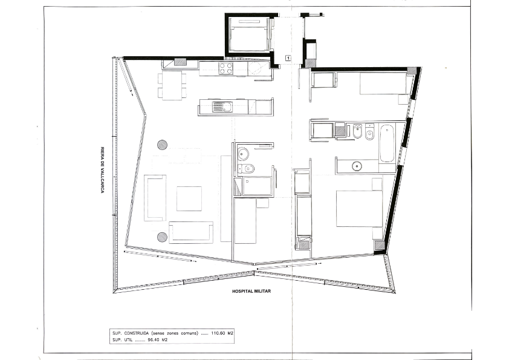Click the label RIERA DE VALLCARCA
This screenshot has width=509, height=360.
coord(102,170)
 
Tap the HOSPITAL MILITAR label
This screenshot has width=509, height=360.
coord(251,291)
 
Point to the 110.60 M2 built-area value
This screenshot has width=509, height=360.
coord(222,333)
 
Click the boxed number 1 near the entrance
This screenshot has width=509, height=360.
coord(288,58)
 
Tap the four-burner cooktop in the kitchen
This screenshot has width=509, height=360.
coord(226,68)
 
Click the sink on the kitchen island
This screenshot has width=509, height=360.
coord(222,106)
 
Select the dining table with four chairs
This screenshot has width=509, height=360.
coord(172,85)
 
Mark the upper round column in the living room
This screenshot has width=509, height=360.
coord(162,145)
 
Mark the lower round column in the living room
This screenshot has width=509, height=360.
coord(162,237)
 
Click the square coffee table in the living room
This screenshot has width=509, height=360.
coord(189,198)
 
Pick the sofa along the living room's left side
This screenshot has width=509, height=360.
coord(155,198)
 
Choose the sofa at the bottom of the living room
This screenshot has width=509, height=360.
coord(191,232)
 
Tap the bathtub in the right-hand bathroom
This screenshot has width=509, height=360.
coord(387,143)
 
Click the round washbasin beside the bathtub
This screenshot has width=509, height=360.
coord(357,166)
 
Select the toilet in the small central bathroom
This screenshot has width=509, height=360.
coord(246,169)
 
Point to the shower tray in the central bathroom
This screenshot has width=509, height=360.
coord(257,186)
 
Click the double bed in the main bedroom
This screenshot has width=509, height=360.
coord(359,208)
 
